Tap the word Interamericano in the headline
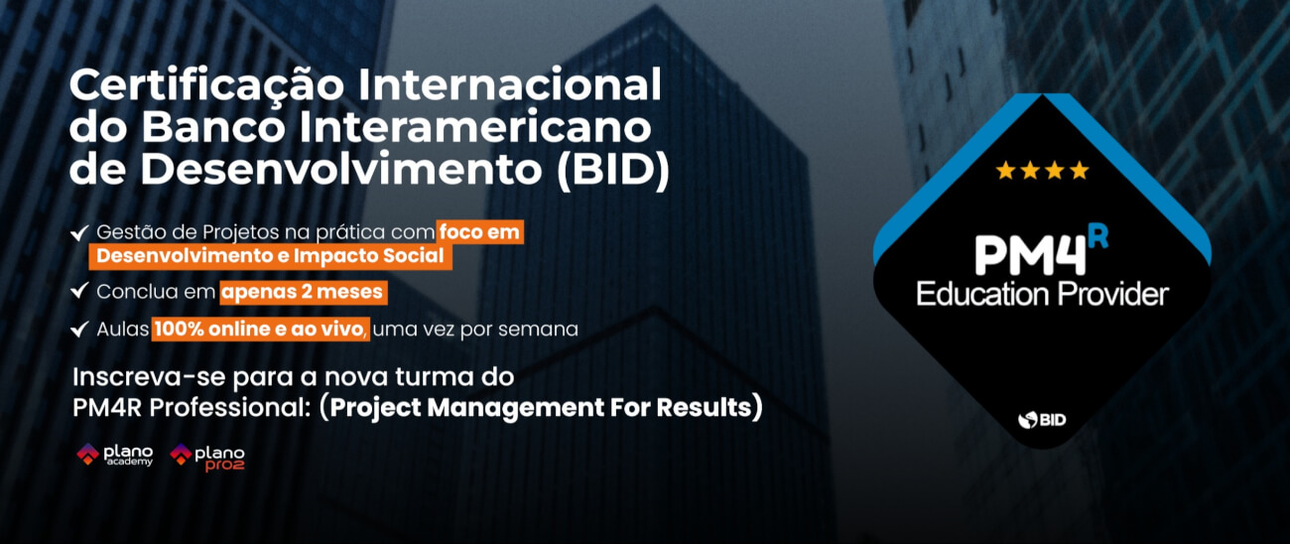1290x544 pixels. coord(475,127)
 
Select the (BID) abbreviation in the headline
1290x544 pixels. coord(613,170)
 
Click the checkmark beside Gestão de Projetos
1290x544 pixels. coord(79,232)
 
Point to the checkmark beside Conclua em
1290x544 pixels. coord(79,291)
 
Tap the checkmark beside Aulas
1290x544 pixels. coord(79,329)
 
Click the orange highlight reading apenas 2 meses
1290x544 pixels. coord(303,292)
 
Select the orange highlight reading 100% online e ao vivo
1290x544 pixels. coord(260,329)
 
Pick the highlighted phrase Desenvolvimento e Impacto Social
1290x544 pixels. coord(270,256)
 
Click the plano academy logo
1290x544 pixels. coord(115,455)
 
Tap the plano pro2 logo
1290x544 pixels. coord(207,458)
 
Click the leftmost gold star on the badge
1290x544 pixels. coord(1005,171)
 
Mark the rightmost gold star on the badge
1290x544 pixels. coord(1080,171)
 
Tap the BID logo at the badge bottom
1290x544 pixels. coord(1042,420)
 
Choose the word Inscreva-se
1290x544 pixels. coord(150,377)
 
